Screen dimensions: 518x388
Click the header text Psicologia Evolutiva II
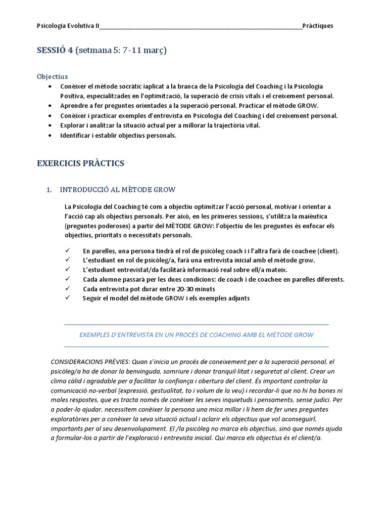69,26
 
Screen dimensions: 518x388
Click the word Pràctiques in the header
318,26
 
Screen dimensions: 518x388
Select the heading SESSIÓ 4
55,51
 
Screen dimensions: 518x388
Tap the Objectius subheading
52,77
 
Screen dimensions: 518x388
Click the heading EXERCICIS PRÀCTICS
80,163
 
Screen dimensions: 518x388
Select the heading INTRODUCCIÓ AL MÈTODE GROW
117,190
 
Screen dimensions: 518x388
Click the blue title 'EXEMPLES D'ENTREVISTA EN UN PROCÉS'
197,335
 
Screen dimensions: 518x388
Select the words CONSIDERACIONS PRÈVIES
90,362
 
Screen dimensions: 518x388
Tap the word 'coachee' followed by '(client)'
295,251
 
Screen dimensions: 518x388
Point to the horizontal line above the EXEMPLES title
197,324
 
